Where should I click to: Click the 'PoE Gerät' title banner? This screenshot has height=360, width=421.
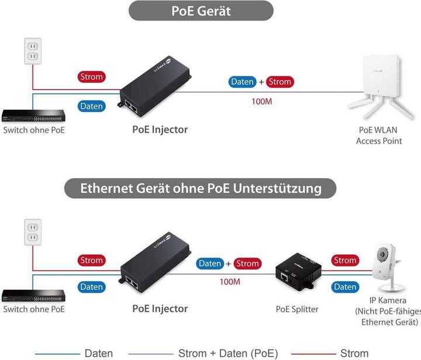201,11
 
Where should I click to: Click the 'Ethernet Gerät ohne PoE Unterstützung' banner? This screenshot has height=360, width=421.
201,188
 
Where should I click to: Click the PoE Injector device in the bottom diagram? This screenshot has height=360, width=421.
156,268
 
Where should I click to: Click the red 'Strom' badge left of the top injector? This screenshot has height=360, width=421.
91,77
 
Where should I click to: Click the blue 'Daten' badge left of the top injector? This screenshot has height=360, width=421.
91,106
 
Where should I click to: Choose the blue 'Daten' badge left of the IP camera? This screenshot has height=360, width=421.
345,287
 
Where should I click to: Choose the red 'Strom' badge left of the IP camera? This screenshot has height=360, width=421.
345,260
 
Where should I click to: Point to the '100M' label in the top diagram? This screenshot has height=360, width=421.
262,101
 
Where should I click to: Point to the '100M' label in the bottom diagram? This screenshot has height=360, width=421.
230,282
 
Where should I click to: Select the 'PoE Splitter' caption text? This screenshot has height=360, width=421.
297,309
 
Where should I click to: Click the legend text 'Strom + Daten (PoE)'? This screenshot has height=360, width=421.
227,353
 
